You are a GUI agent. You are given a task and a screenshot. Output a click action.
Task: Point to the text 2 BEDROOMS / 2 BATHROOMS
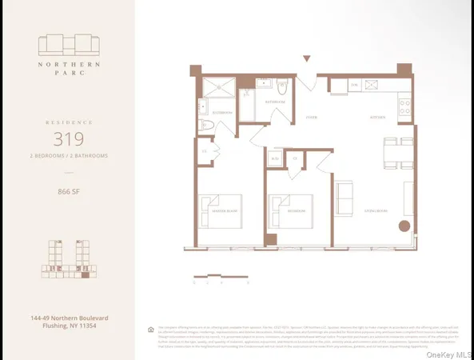(67, 155)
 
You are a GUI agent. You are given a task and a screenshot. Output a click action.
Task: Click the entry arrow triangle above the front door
(306, 58)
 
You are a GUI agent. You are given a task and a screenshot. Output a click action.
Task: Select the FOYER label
(311, 117)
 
